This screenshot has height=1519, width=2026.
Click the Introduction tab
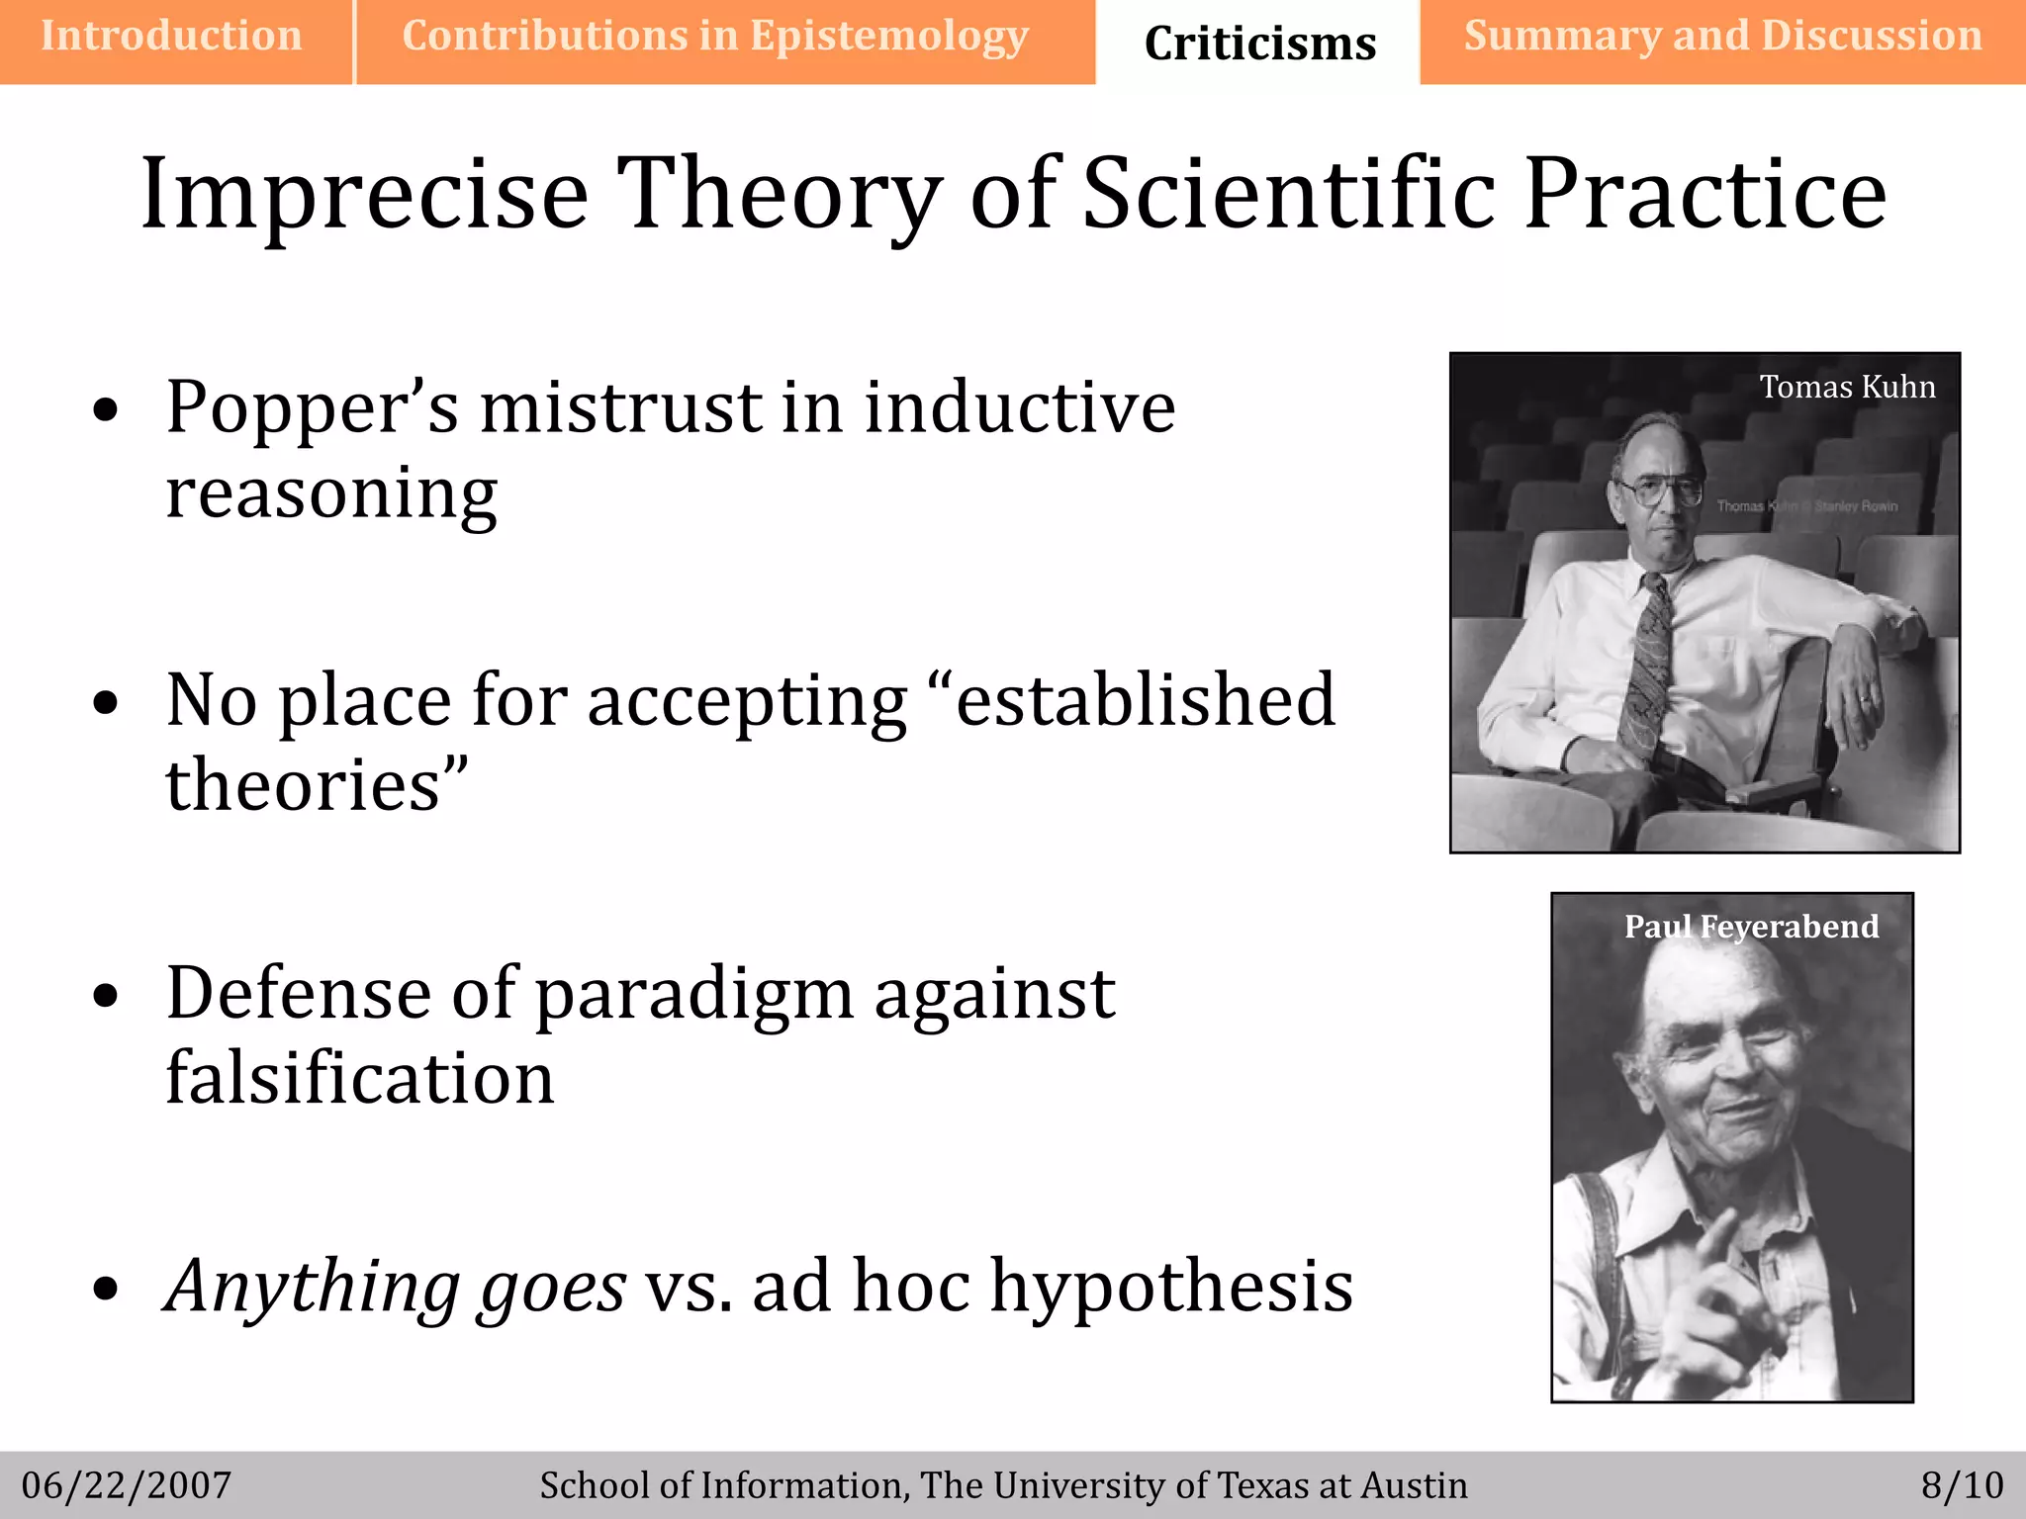click(171, 38)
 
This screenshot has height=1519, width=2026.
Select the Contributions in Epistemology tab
click(715, 38)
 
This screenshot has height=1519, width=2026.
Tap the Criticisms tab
click(1259, 44)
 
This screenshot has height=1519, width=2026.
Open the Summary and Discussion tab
click(1722, 38)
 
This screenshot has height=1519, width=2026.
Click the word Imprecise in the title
click(364, 195)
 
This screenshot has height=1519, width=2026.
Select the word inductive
click(1019, 407)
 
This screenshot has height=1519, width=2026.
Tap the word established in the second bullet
click(1146, 700)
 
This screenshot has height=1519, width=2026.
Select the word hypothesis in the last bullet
click(1171, 1286)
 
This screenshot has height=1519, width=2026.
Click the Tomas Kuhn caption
click(1847, 387)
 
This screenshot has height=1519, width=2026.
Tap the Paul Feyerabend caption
click(1751, 927)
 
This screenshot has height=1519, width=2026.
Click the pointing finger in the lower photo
click(1719, 1241)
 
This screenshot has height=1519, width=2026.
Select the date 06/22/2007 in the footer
click(127, 1485)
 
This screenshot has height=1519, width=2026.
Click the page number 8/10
click(1962, 1485)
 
